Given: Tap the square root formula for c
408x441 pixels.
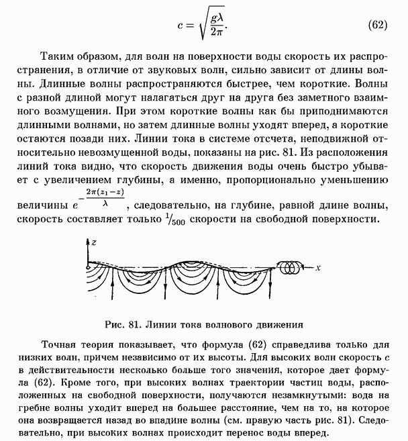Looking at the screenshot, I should coord(203,26).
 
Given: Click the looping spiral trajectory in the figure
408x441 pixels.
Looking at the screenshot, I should coord(291,266).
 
